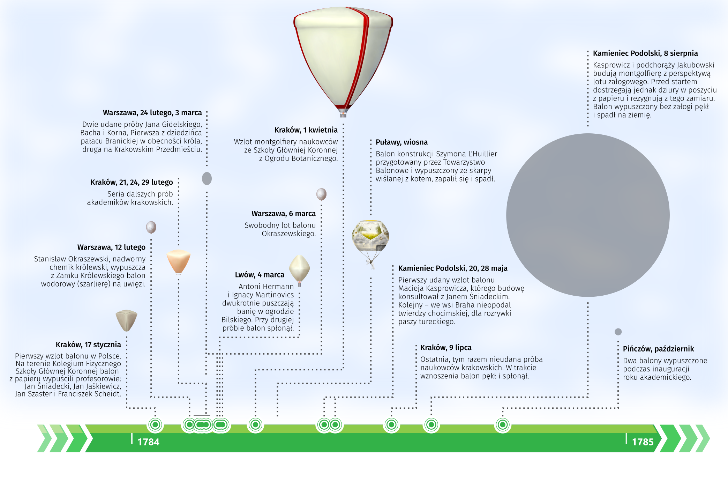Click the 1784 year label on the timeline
(148, 442)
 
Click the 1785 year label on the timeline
(643, 442)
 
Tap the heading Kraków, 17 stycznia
(88, 345)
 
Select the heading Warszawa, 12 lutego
(111, 247)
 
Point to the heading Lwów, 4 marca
(260, 275)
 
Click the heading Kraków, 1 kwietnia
(306, 130)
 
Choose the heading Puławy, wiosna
(401, 142)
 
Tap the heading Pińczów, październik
(658, 349)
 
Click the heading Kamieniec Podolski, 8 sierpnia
(645, 53)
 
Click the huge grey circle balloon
(588, 215)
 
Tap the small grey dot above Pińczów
(618, 332)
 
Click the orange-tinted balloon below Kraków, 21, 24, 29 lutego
(179, 261)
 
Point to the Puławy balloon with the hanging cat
(370, 237)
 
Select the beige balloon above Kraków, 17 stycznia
(126, 320)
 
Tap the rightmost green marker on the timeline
(503, 425)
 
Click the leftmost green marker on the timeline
(155, 425)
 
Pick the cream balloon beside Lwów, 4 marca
(300, 268)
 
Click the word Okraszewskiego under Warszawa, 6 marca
(288, 234)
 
